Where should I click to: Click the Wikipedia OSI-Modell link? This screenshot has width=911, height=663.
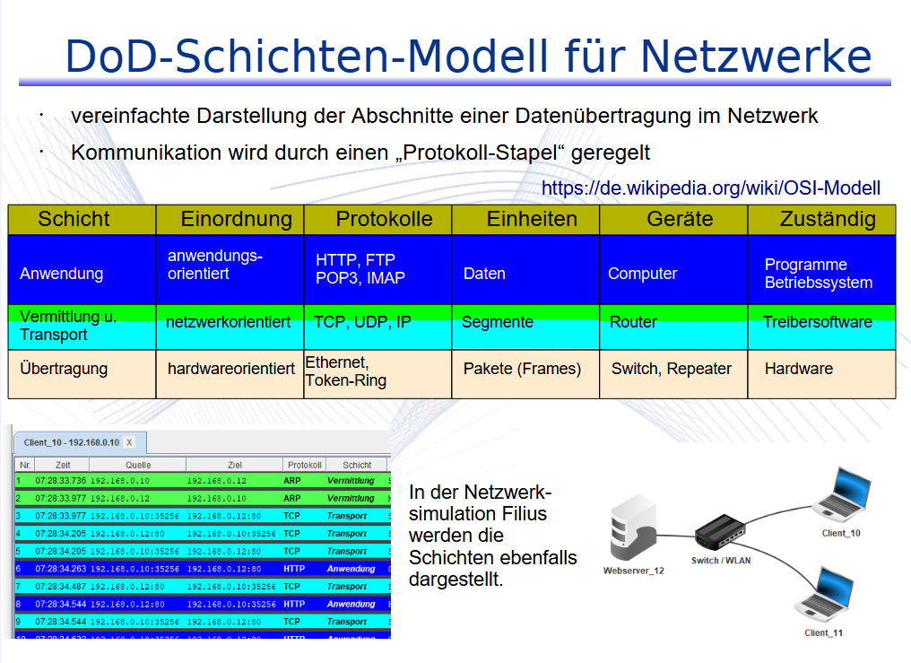711,188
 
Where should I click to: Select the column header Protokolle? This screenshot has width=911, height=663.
384,220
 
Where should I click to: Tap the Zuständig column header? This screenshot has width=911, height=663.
828,220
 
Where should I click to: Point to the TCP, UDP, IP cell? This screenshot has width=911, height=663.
362,322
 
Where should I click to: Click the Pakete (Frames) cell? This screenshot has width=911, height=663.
522,369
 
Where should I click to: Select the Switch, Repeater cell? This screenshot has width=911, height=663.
672,369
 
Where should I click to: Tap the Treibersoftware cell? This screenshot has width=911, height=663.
817,322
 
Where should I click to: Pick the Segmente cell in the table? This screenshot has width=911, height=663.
498,322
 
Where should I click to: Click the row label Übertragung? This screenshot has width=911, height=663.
64,369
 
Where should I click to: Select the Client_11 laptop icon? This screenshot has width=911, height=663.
823,598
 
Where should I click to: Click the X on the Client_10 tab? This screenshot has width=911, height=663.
129,442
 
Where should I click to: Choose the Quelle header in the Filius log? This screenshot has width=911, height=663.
138,466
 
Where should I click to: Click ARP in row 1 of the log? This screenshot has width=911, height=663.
292,481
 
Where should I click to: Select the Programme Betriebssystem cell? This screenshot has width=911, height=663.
818,274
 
